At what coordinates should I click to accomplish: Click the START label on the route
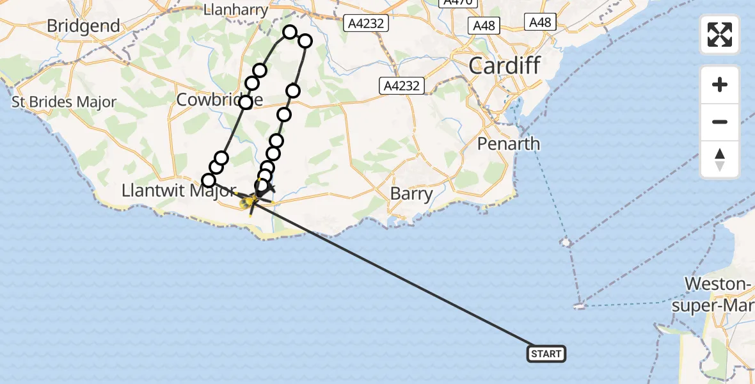(x=546, y=354)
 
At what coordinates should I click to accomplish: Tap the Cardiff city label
(x=504, y=65)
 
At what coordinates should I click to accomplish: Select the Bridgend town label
(x=84, y=26)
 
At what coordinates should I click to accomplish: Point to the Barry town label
(x=411, y=193)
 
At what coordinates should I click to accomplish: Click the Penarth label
(x=509, y=144)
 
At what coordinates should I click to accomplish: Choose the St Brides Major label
(x=65, y=102)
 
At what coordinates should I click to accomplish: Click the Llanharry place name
(x=230, y=10)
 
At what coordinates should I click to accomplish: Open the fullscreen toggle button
(x=720, y=35)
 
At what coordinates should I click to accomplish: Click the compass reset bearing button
(x=720, y=159)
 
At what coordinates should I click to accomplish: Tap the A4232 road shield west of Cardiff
(x=401, y=86)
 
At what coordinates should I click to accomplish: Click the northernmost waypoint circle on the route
(x=290, y=32)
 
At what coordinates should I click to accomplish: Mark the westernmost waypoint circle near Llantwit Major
(x=209, y=180)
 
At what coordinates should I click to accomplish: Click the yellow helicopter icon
(x=248, y=203)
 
